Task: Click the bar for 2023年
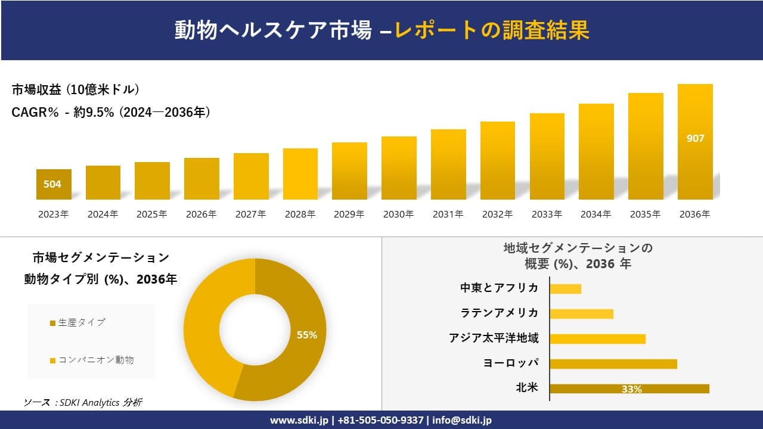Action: point(54,185)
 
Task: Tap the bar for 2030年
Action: point(399,168)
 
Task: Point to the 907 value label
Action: point(695,138)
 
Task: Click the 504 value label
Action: point(52,184)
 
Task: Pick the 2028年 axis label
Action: point(300,214)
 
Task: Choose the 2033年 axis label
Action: point(547,214)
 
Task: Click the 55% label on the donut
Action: point(307,335)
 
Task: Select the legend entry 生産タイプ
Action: point(81,322)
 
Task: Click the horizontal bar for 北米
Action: point(629,388)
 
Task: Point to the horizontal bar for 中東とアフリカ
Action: point(565,289)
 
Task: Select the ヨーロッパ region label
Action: point(511,363)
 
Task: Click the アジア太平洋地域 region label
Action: point(494,338)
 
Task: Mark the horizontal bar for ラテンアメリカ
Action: point(581,314)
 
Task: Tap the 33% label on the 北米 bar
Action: point(631,389)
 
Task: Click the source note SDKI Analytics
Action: point(83,403)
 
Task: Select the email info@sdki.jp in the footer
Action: point(462,420)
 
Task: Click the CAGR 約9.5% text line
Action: point(111,113)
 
